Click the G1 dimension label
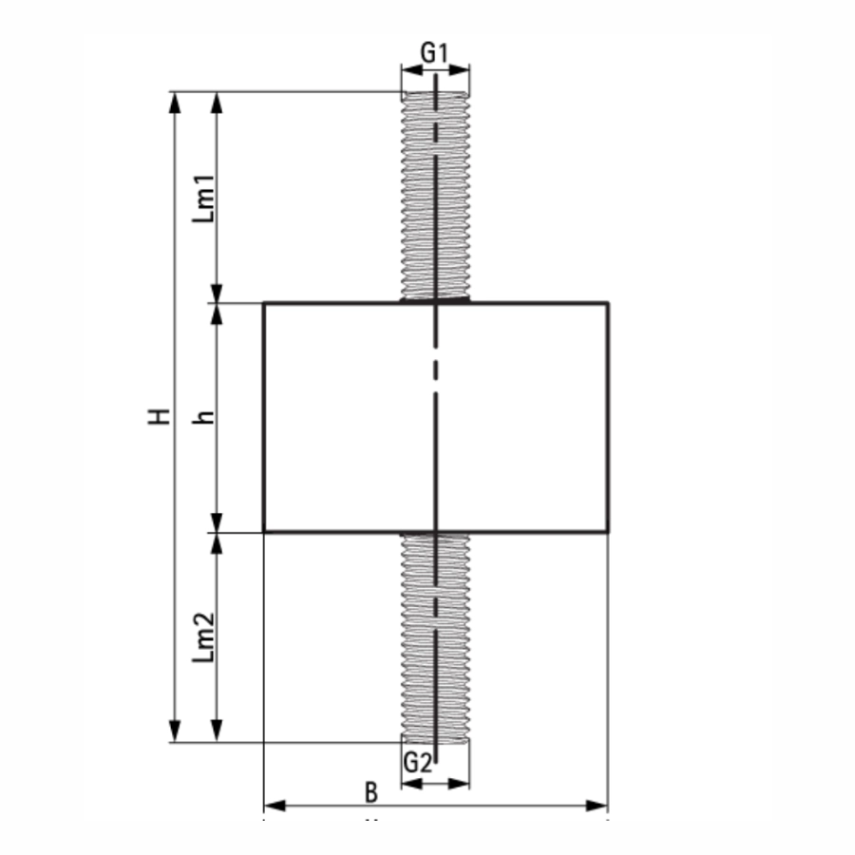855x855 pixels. coord(434,53)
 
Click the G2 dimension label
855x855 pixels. coord(418,762)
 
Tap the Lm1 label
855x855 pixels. coord(204,198)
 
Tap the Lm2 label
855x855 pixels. coord(204,637)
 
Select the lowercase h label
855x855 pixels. coord(204,417)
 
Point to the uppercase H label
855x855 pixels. coord(161,416)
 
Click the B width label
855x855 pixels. coord(371,793)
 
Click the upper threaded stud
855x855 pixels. coord(435,195)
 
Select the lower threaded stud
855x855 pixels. coord(435,638)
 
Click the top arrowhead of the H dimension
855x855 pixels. coord(175,103)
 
